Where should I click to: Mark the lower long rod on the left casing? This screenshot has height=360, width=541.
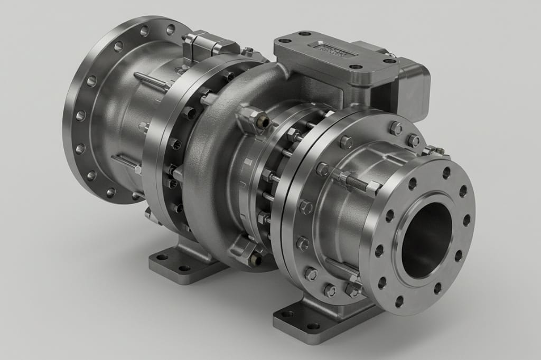click(x=127, y=162)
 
